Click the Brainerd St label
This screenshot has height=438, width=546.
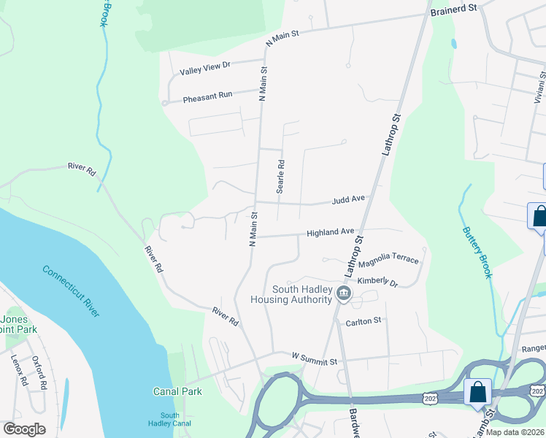coord(453,7)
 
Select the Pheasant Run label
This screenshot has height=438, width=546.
coord(207,96)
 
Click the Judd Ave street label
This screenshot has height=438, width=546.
coord(348,199)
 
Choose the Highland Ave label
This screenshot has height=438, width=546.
coord(330,232)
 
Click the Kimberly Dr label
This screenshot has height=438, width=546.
coord(377,283)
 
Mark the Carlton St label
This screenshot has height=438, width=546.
coord(364,321)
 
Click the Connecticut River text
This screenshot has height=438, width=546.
coord(71,291)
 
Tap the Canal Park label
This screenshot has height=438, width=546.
coord(177,392)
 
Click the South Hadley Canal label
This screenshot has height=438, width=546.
coord(170,420)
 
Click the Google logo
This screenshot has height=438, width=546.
coord(24,429)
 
